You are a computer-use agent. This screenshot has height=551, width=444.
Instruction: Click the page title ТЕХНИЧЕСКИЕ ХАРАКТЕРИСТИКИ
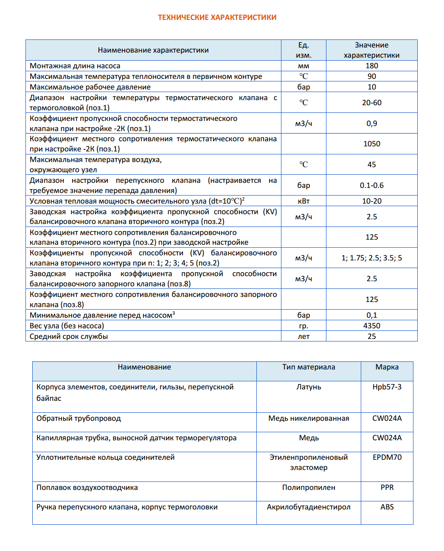(217, 17)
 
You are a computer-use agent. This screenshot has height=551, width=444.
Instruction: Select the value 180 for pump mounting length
(371, 66)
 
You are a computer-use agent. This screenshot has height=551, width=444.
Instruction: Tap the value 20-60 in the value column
(371, 103)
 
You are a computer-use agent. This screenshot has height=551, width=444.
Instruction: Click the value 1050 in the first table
(371, 144)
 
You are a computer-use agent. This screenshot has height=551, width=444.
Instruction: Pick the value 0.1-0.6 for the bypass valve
(371, 185)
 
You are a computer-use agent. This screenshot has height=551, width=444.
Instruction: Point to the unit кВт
(303, 201)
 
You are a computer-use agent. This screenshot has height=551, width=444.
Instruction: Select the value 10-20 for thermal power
(371, 201)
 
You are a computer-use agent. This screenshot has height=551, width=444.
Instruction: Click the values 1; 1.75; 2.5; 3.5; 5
(371, 258)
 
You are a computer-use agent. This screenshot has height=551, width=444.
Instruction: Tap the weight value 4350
(371, 326)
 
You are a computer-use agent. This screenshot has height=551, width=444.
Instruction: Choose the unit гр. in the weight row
(303, 326)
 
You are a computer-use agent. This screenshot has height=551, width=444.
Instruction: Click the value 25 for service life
(371, 336)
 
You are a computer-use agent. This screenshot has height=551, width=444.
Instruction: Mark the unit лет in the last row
(303, 336)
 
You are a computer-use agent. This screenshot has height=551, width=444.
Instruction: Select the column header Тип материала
(309, 367)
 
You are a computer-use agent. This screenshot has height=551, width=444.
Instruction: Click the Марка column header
(387, 367)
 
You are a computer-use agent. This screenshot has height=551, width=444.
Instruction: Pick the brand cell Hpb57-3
(387, 387)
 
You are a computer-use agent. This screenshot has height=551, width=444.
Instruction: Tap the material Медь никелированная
(309, 418)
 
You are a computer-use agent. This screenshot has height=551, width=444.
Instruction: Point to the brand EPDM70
(387, 457)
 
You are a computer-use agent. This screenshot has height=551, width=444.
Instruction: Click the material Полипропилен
(309, 487)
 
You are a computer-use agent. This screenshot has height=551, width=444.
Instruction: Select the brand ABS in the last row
(387, 507)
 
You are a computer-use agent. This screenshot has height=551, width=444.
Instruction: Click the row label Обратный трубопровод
(79, 418)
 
